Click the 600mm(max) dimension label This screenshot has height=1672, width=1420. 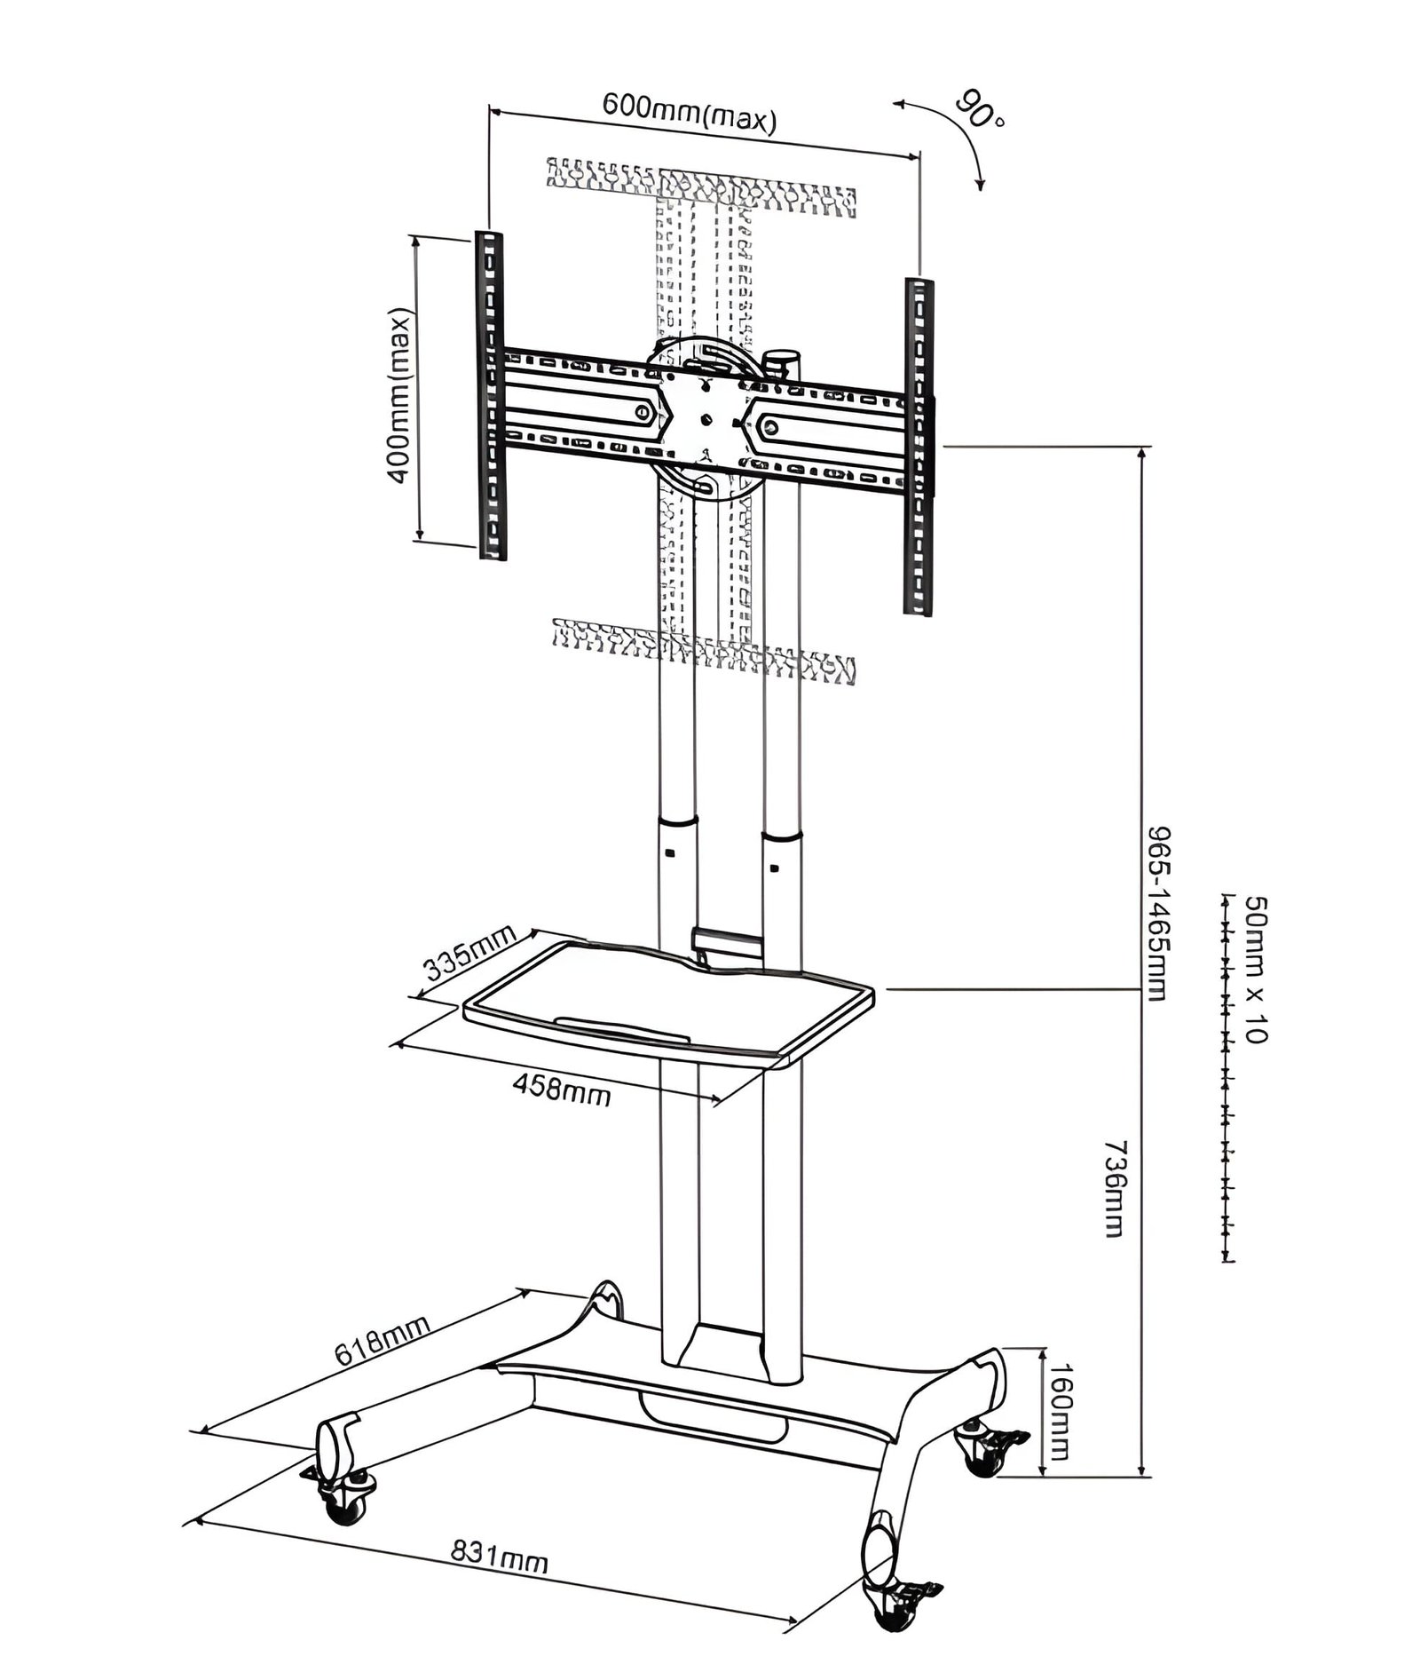tap(690, 112)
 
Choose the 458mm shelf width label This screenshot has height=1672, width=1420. tap(562, 1089)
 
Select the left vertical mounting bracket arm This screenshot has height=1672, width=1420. tap(491, 396)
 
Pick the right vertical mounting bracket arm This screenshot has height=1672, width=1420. tap(919, 447)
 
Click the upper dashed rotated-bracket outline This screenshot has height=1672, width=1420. tap(701, 187)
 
